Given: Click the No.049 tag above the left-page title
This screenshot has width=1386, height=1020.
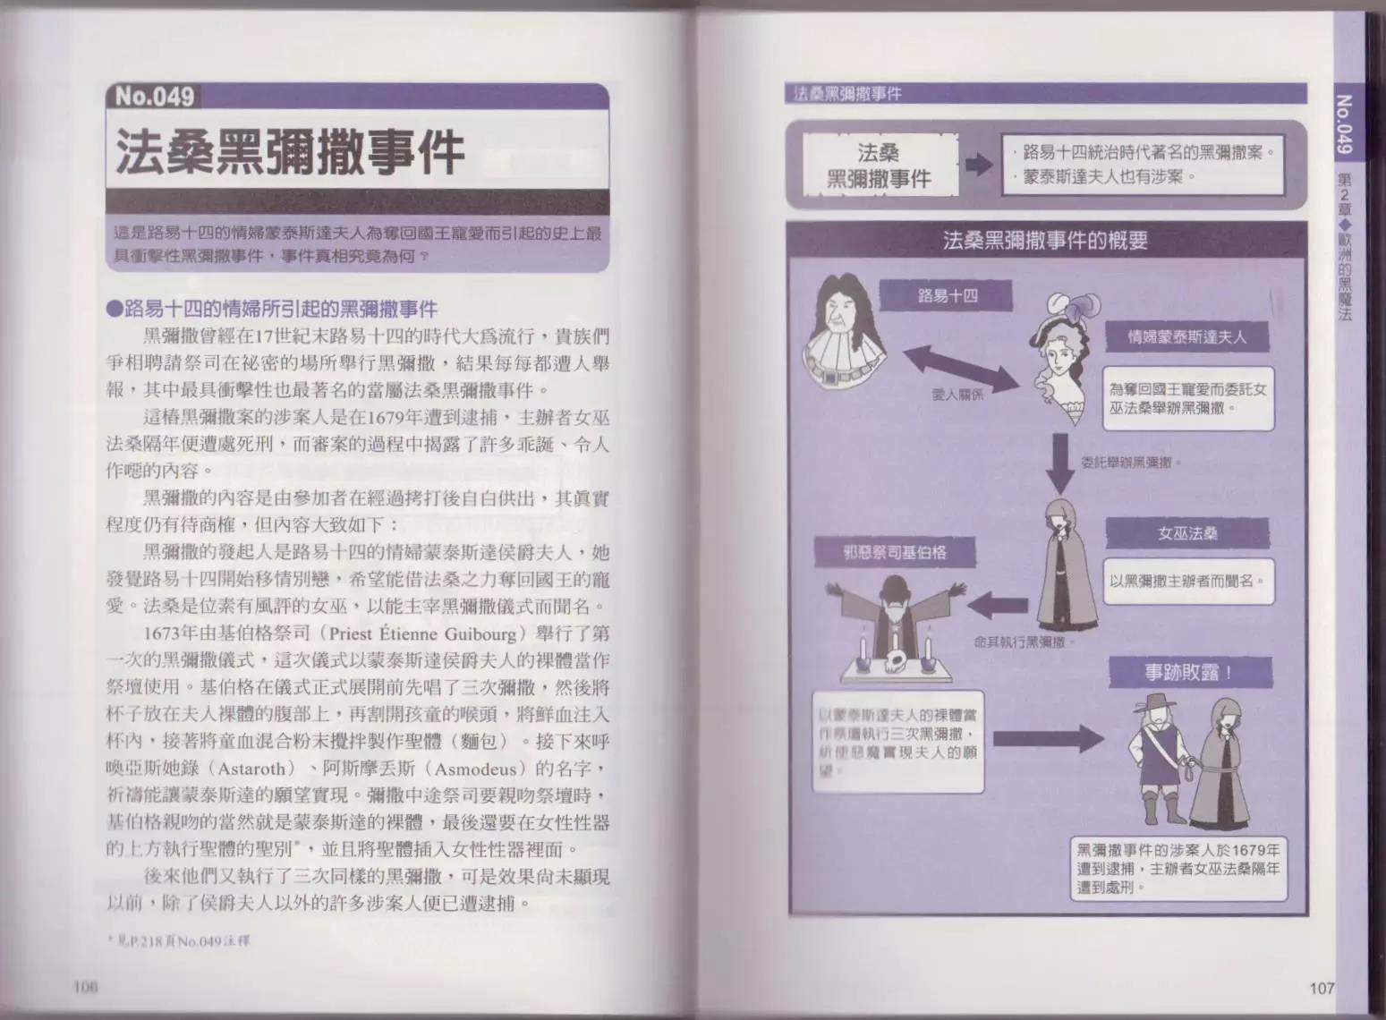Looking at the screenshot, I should point(154,97).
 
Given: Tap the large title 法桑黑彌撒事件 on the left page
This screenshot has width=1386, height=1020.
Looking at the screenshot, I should point(289,153).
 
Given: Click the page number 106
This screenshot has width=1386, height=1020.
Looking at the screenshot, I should point(84,988).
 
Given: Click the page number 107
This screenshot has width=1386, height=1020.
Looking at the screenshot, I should point(1321,988).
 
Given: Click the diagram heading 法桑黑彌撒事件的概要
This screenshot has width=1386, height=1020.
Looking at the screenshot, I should point(1045,241).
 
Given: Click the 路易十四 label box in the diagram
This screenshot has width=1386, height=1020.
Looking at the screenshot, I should point(948,295).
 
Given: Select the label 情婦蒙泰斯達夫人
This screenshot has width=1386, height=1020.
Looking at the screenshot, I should point(1186,336).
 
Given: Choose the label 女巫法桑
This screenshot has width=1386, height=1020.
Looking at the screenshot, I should point(1186,534).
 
